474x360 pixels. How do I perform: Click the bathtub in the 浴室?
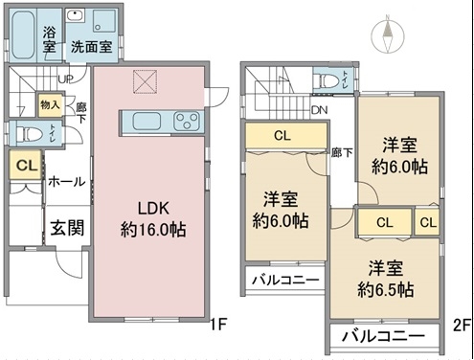pos(23,35)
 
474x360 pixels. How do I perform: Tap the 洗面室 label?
pos(92,47)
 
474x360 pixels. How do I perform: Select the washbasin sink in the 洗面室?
pos(75,15)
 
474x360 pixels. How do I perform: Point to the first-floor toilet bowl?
pos(30,134)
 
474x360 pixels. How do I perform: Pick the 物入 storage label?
pos(50,104)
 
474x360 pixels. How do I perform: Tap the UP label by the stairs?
pos(66,79)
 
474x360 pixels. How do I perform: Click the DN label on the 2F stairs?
pos(320,110)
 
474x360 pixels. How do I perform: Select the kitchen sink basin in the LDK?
pos(147,122)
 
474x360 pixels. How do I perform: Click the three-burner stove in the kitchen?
pos(187,122)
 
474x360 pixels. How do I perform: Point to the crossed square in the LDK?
pos(146,81)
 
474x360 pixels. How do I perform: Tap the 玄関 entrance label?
pos(67,228)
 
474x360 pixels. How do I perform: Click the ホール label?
pos(67,182)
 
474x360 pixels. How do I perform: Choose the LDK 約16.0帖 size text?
pos(153,230)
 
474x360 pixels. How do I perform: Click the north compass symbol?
pos(388,34)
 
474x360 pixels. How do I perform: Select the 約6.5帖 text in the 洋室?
pos(386,290)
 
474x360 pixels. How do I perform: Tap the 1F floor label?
pos(218,325)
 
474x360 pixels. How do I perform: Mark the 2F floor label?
pos(463,326)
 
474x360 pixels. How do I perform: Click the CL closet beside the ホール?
pos(26,165)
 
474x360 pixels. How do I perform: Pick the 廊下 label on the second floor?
pos(342,152)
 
